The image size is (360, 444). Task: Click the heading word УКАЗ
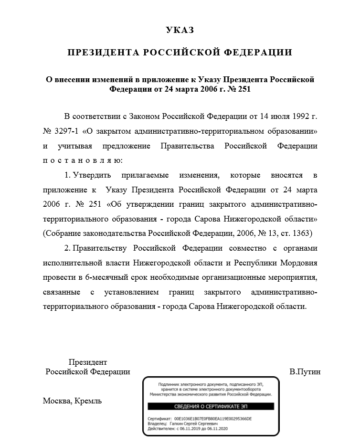point(180,31)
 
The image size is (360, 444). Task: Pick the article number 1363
point(302,233)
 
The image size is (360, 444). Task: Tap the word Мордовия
point(297,263)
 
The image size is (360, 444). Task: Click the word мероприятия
point(290,277)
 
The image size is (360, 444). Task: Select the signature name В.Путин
point(305,372)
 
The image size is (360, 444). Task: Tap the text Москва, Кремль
point(72,401)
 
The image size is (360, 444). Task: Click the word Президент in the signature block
point(87,362)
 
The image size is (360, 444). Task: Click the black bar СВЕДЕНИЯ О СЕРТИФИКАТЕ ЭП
point(211,406)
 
